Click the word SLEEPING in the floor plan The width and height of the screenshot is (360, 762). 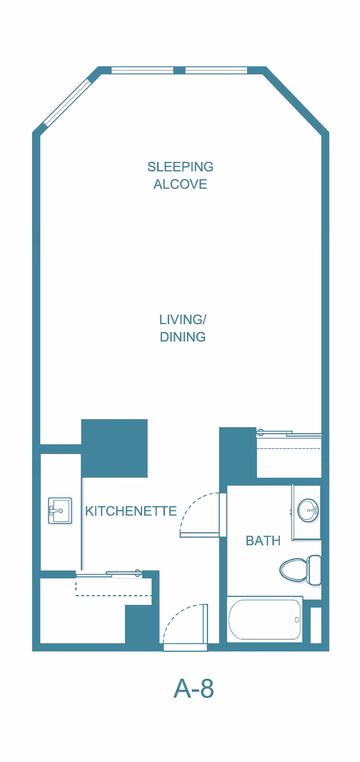(180, 167)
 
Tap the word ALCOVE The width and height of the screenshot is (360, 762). (180, 185)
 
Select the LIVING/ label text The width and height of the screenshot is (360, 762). (182, 320)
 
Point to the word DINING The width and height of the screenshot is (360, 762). (182, 337)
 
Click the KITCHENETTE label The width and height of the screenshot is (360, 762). (130, 511)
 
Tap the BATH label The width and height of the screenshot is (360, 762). (263, 541)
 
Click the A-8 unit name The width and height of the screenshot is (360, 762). (193, 688)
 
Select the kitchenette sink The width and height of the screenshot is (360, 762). (60, 511)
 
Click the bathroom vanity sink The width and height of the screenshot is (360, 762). (308, 510)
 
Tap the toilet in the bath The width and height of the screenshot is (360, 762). (295, 570)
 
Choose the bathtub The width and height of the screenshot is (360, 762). (265, 620)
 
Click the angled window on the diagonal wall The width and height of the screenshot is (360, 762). (67, 102)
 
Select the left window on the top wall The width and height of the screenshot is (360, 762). (142, 70)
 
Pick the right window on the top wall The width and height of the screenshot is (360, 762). (216, 70)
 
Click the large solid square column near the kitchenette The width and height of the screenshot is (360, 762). (114, 448)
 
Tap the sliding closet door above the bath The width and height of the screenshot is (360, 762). (289, 434)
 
